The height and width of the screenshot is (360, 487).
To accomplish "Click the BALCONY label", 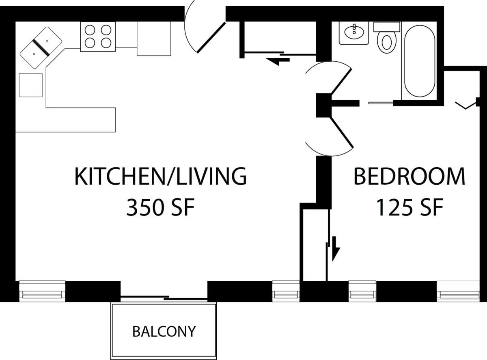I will pos(164,332).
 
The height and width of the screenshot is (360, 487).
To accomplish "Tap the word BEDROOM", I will pos(409,177).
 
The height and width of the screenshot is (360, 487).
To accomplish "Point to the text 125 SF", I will pos(409,208).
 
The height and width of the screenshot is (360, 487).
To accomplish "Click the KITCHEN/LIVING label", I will pos(160,177).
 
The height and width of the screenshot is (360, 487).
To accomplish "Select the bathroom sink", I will pos(354,32).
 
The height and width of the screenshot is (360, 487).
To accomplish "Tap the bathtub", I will pos(419,61).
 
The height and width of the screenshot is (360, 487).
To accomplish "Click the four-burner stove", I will pos(98,37).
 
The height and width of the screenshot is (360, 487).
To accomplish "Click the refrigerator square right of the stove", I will pos(153,38).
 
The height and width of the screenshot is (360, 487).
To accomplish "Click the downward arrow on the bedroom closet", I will pos(335,248).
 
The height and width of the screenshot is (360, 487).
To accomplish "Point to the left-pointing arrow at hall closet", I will pos(278,61).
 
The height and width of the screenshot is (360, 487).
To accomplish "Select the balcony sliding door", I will pos(164,298).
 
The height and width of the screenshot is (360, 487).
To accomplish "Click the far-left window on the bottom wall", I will pos(42,291).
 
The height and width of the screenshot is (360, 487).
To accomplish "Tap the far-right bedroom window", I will pos(458,291).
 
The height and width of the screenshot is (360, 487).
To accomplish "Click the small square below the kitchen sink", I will pos(31,85).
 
